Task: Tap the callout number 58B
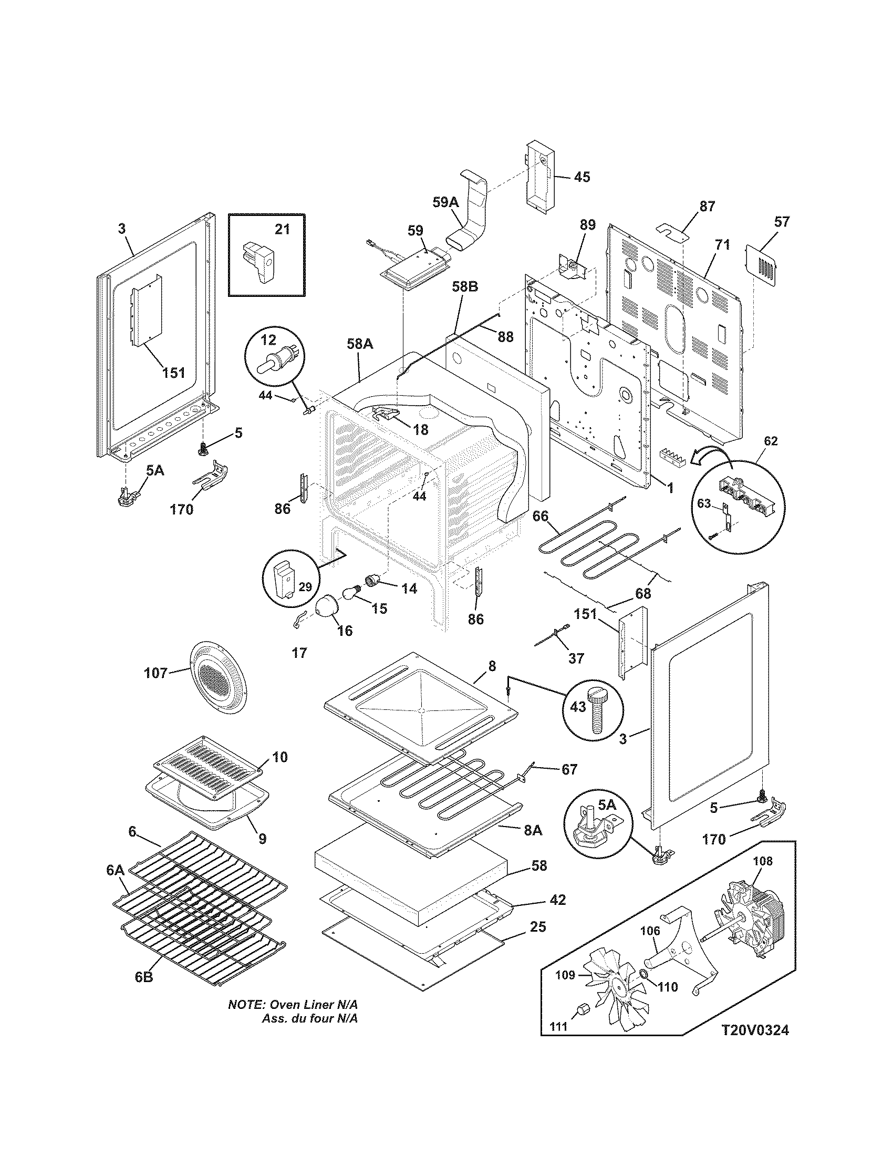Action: (x=465, y=287)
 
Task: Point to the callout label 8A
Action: (x=532, y=830)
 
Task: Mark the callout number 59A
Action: (x=444, y=202)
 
